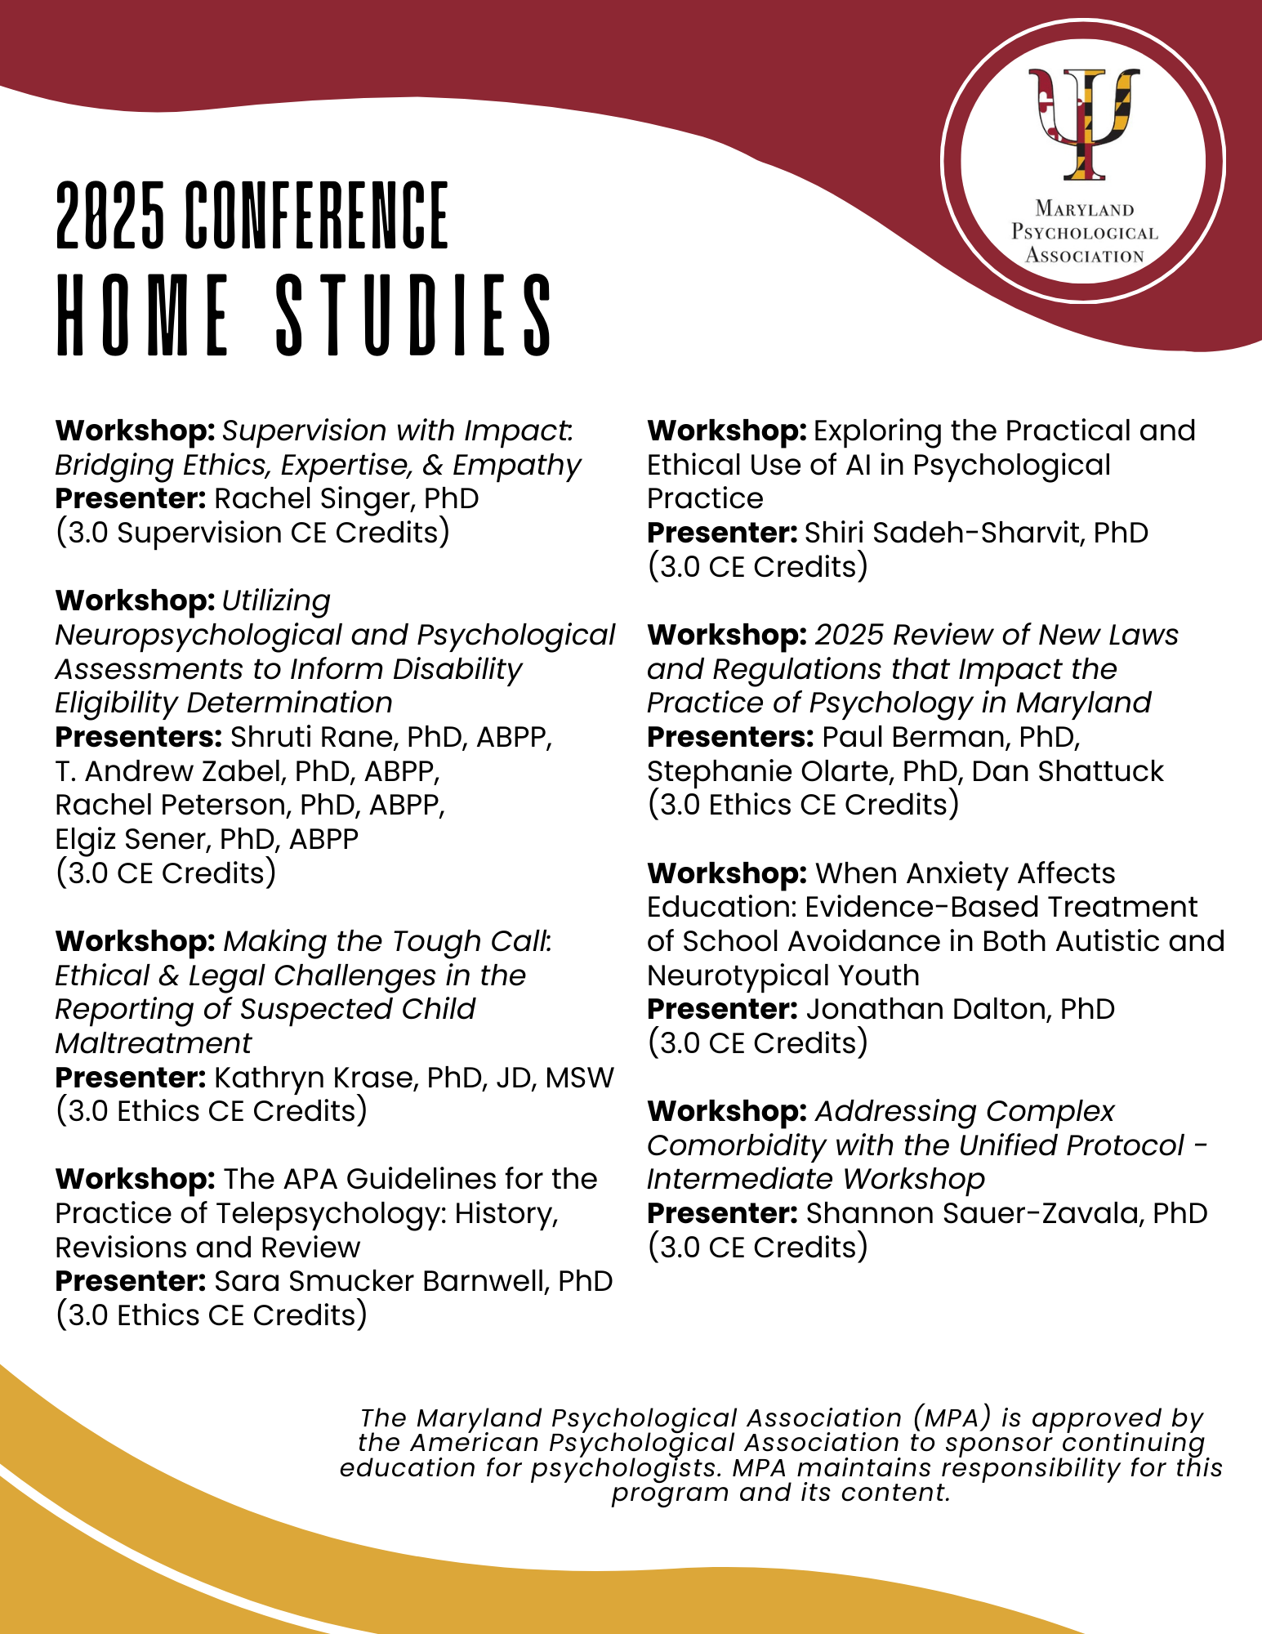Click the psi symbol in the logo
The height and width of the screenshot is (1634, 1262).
click(x=1083, y=123)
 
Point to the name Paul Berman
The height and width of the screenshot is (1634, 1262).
click(x=903, y=737)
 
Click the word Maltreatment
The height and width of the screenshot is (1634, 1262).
click(x=154, y=1043)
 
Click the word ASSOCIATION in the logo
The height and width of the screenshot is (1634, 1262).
click(x=1084, y=256)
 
